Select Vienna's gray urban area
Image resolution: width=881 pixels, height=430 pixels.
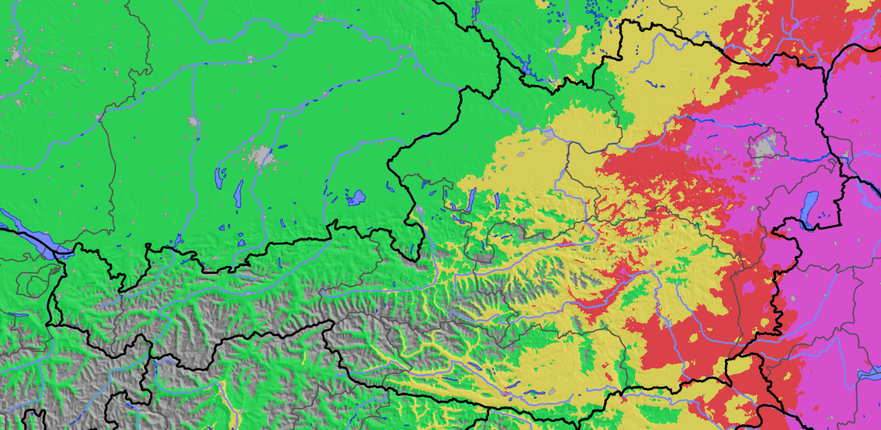coord(763,147)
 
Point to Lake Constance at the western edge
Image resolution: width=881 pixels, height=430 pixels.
coord(29,232)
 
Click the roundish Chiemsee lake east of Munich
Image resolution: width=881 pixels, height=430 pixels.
coord(356,198)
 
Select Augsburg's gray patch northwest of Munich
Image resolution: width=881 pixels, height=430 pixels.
coord(194,121)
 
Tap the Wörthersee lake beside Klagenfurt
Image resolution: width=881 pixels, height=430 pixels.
coord(533,393)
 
